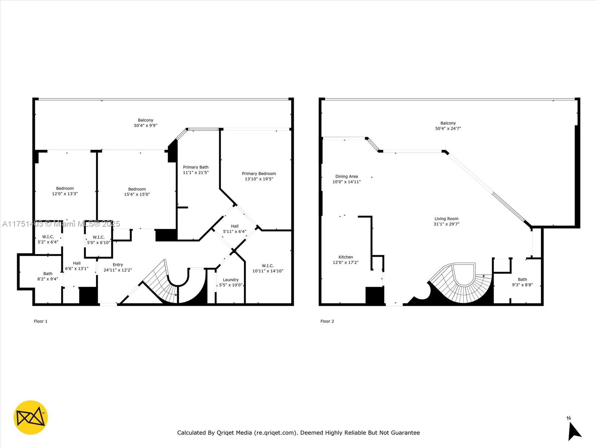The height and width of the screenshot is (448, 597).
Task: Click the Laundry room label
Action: [x=231, y=280]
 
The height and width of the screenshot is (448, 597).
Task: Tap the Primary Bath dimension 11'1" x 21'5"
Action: [x=196, y=173]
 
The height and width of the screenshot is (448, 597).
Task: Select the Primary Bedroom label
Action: [x=259, y=174]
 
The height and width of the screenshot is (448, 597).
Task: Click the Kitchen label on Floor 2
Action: [x=346, y=257]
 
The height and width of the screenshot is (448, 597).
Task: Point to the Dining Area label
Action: [x=346, y=176]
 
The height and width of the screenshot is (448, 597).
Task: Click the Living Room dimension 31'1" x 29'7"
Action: [x=446, y=224]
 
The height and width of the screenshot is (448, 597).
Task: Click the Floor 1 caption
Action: [x=41, y=321]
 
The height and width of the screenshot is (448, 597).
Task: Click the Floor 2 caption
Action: [x=327, y=321]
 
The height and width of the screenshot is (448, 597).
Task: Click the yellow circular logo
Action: [x=31, y=417]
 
